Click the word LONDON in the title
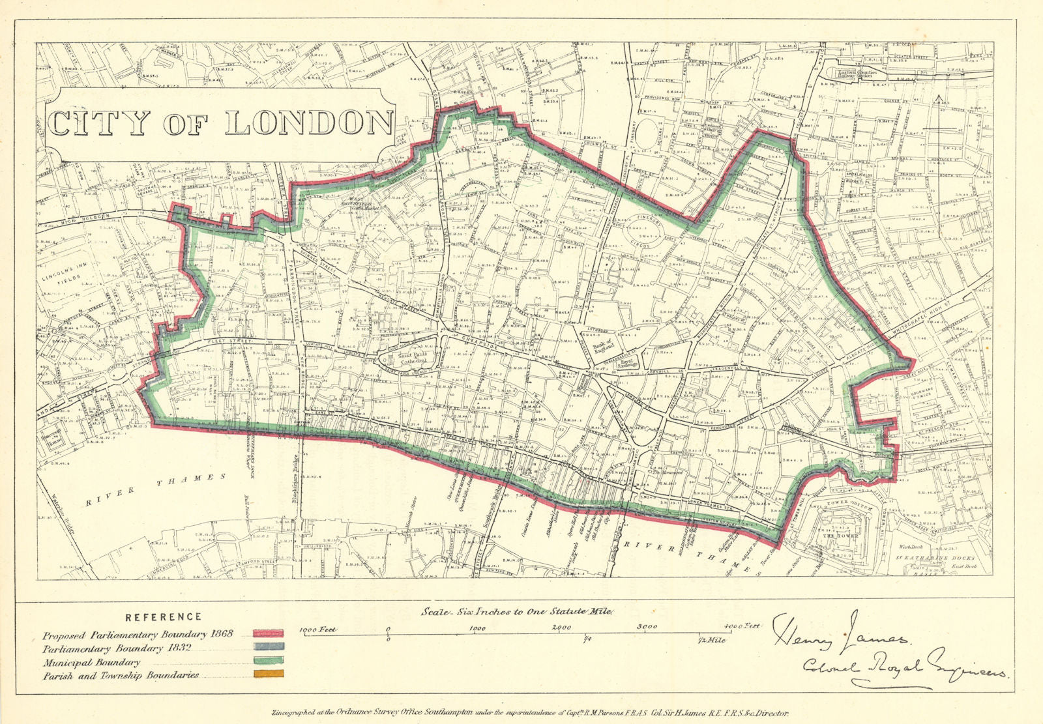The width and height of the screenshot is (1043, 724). [309, 123]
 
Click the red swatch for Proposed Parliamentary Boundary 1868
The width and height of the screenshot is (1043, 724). [268, 633]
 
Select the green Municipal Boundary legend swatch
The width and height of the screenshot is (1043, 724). [268, 662]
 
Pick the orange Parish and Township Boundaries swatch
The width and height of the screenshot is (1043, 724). [268, 675]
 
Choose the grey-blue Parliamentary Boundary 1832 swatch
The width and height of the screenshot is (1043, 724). [268, 648]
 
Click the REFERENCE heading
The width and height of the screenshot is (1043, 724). [163, 616]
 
